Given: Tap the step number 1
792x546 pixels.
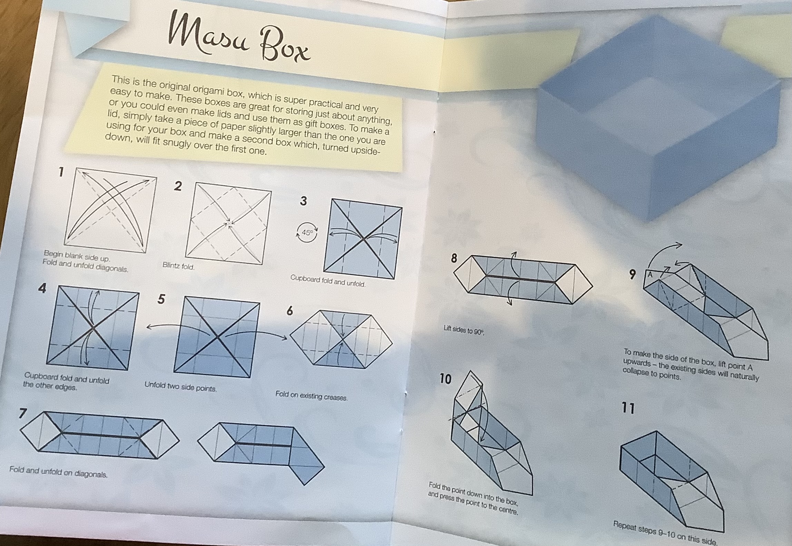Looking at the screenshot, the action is point(61,172).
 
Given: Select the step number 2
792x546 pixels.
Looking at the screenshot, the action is point(178,186).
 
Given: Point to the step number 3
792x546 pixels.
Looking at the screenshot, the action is point(303,201).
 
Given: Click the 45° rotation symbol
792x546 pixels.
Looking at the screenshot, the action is point(307,233).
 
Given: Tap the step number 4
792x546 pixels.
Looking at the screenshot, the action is point(42,288).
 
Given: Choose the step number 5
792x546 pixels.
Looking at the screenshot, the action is point(161,299).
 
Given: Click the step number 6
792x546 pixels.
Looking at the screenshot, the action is point(290,311).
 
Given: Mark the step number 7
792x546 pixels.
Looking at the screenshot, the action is point(23,413).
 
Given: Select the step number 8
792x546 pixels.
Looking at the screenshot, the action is point(454,258).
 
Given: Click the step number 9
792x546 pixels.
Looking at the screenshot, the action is point(632,274).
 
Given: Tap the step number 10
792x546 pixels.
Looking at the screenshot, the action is point(445,379).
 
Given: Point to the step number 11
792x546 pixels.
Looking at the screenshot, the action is point(628,408).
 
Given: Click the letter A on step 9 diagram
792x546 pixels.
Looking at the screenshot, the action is point(650,275).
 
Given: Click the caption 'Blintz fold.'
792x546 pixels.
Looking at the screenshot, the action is point(178,266).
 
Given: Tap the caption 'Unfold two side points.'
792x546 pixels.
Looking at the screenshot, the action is point(180,386).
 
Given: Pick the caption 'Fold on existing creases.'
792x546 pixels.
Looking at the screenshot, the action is point(311,396).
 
